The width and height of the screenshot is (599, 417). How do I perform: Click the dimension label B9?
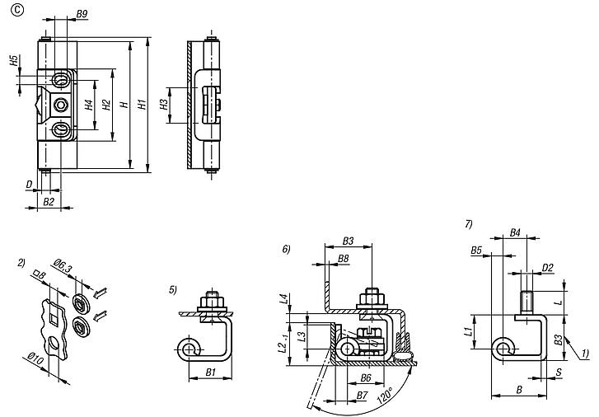coord(82,15)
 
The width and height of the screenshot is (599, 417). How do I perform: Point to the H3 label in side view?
coord(164,105)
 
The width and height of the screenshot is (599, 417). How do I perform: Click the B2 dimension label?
coord(49,201)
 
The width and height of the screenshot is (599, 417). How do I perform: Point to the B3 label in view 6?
coord(347,241)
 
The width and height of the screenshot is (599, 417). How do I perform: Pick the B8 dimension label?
coord(343,258)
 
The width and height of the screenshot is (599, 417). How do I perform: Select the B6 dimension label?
coord(367,377)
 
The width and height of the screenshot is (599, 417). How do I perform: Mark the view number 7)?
coord(468,224)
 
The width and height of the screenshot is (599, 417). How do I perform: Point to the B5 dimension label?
coord(476,249)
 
